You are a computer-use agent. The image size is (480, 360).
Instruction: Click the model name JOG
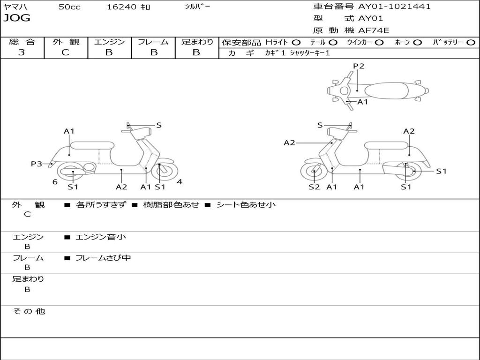tap(17, 18)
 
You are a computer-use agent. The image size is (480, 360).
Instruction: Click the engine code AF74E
tap(374, 31)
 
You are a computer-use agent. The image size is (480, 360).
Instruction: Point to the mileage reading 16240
tap(121, 7)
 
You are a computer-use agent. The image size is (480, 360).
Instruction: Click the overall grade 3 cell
tap(22, 52)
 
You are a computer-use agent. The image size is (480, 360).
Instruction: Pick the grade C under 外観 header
tap(66, 52)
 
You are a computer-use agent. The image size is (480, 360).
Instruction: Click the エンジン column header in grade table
tap(109, 42)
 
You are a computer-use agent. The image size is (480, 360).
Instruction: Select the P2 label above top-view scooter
tap(359, 66)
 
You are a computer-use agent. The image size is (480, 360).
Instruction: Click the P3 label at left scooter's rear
tap(37, 164)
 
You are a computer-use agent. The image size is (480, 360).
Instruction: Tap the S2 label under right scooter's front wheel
tap(314, 187)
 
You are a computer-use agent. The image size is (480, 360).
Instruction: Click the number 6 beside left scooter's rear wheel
tap(55, 182)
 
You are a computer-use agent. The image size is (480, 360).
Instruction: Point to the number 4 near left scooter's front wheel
tap(180, 182)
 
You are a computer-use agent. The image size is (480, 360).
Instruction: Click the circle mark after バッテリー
tap(471, 43)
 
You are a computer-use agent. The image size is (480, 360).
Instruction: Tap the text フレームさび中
tap(103, 258)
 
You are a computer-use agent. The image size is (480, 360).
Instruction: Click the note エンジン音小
tap(101, 237)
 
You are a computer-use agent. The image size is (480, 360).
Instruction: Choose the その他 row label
tap(29, 311)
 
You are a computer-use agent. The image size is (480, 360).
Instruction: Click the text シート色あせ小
tap(246, 205)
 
